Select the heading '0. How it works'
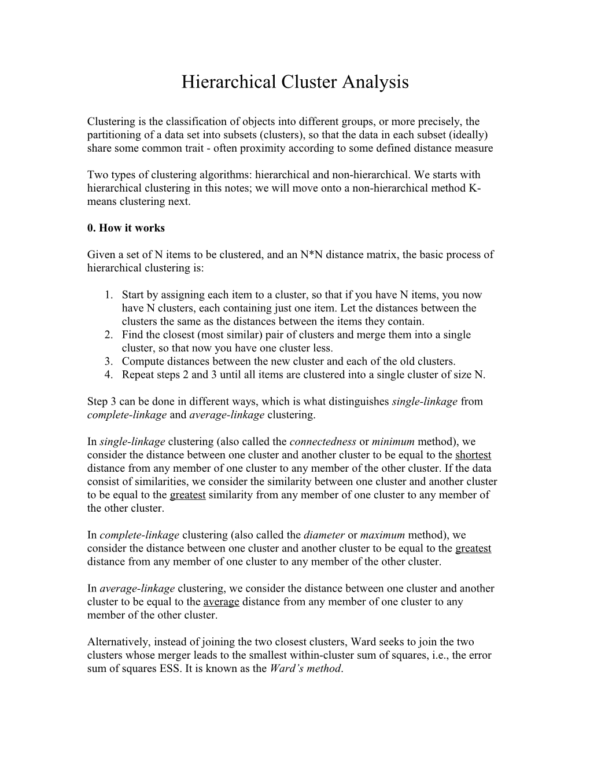pyautogui.click(x=126, y=228)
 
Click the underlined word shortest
pyautogui.click(x=473, y=455)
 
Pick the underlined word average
pyautogui.click(x=221, y=602)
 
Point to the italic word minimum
pyautogui.click(x=393, y=442)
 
